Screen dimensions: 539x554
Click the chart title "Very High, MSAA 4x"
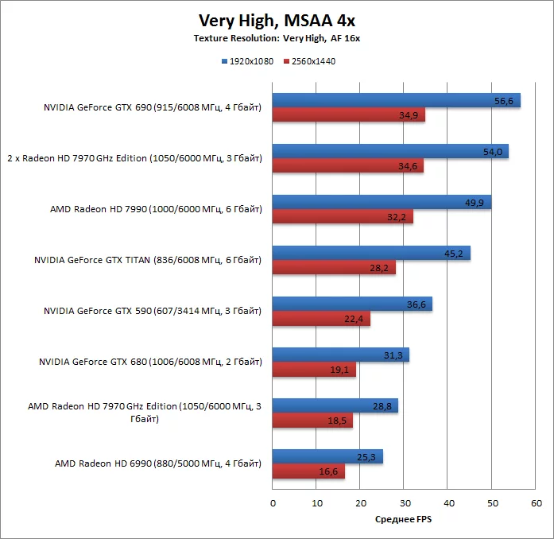click(277, 20)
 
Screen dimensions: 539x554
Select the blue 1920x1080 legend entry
click(247, 61)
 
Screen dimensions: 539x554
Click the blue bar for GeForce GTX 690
click(396, 100)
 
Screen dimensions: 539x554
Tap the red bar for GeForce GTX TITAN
click(334, 268)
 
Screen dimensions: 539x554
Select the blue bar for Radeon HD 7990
click(382, 202)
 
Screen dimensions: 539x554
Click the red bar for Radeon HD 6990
click(308, 471)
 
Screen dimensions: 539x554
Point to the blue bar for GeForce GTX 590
click(352, 304)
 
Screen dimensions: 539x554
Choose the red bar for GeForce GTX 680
click(314, 370)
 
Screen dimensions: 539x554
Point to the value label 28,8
click(383, 406)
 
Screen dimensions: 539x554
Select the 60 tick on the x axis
click(537, 502)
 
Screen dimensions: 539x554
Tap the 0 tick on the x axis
click(273, 502)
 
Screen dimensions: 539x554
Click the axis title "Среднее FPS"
click(404, 519)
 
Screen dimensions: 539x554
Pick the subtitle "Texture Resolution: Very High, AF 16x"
click(277, 38)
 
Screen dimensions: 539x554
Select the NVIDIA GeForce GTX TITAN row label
click(148, 260)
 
